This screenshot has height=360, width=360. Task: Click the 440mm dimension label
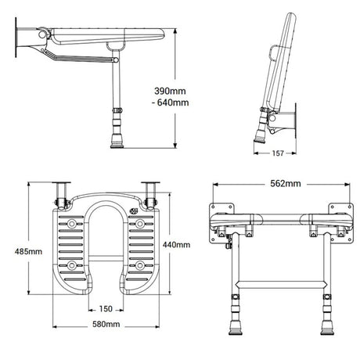[176, 243]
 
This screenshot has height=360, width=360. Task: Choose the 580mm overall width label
[106, 324]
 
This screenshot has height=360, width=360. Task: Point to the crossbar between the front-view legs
[278, 279]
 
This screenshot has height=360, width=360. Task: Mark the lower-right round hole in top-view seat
[141, 265]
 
